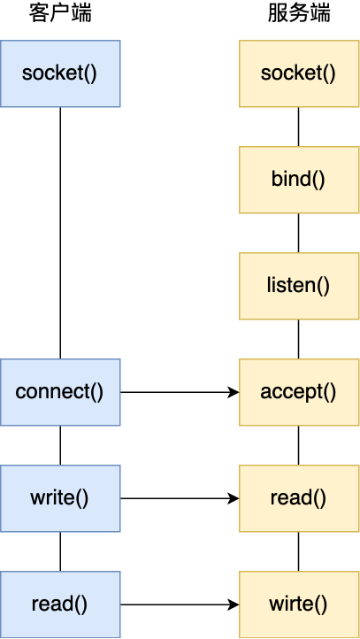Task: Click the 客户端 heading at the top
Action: pos(59,15)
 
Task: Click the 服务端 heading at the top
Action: pos(298,15)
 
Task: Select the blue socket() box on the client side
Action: pos(59,73)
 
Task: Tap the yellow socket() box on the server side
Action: pos(298,73)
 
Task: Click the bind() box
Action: pos(298,179)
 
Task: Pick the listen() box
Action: pos(298,285)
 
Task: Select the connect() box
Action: pos(59,391)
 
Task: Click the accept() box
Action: pos(298,391)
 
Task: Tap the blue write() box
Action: pos(59,498)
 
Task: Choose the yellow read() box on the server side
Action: pos(298,498)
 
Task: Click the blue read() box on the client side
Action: pos(59,604)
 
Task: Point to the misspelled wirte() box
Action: pos(298,604)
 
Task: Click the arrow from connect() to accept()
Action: pos(177,391)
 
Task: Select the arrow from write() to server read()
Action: pos(177,498)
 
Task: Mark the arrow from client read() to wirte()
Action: pos(177,604)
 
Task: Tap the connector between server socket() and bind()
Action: pos(298,126)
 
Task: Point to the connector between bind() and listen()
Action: pos(298,232)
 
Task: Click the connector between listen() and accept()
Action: pos(298,338)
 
